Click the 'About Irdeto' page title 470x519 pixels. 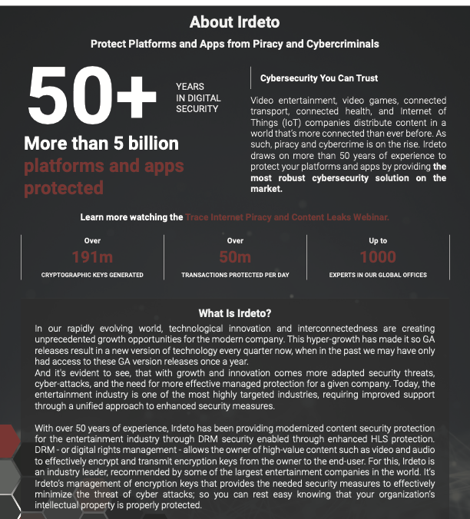pyautogui.click(x=234, y=22)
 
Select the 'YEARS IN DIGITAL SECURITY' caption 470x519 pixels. pyautogui.click(x=198, y=98)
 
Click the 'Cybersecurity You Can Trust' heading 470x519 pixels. pyautogui.click(x=319, y=78)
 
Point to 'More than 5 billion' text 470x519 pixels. pyautogui.click(x=101, y=144)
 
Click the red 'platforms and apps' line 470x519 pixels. pyautogui.click(x=104, y=166)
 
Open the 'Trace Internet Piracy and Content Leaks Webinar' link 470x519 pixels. pyautogui.click(x=286, y=217)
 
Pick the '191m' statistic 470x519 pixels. pyautogui.click(x=92, y=257)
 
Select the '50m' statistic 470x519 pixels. pyautogui.click(x=235, y=257)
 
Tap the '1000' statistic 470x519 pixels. pyautogui.click(x=378, y=257)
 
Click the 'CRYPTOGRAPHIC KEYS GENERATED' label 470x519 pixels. pyautogui.click(x=92, y=275)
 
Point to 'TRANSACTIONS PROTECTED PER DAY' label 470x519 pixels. pyautogui.click(x=235, y=275)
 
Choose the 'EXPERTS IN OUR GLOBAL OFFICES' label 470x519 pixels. pyautogui.click(x=378, y=275)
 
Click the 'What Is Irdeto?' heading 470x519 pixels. pyautogui.click(x=235, y=313)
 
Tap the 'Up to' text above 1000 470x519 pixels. pyautogui.click(x=378, y=240)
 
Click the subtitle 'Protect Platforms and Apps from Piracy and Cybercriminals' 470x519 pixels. pyautogui.click(x=235, y=44)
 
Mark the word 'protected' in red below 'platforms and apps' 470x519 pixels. pyautogui.click(x=63, y=188)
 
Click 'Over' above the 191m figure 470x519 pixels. pyautogui.click(x=92, y=240)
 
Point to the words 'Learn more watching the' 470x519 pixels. pyautogui.click(x=131, y=217)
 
